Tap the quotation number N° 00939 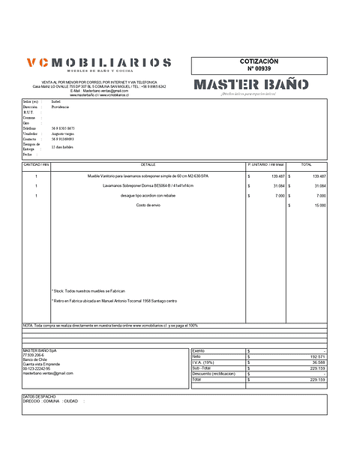point(259,68)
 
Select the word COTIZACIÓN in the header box point(259,61)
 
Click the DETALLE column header point(148,164)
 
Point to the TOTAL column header point(306,164)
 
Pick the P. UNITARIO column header point(264,164)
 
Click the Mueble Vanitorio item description point(148,176)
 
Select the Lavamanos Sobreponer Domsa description point(148,185)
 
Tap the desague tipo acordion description point(148,195)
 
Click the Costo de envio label point(148,205)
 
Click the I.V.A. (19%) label point(205,362)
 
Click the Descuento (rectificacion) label point(214,374)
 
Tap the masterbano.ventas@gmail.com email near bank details point(48,373)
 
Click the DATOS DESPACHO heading point(40,395)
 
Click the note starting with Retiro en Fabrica point(114,301)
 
